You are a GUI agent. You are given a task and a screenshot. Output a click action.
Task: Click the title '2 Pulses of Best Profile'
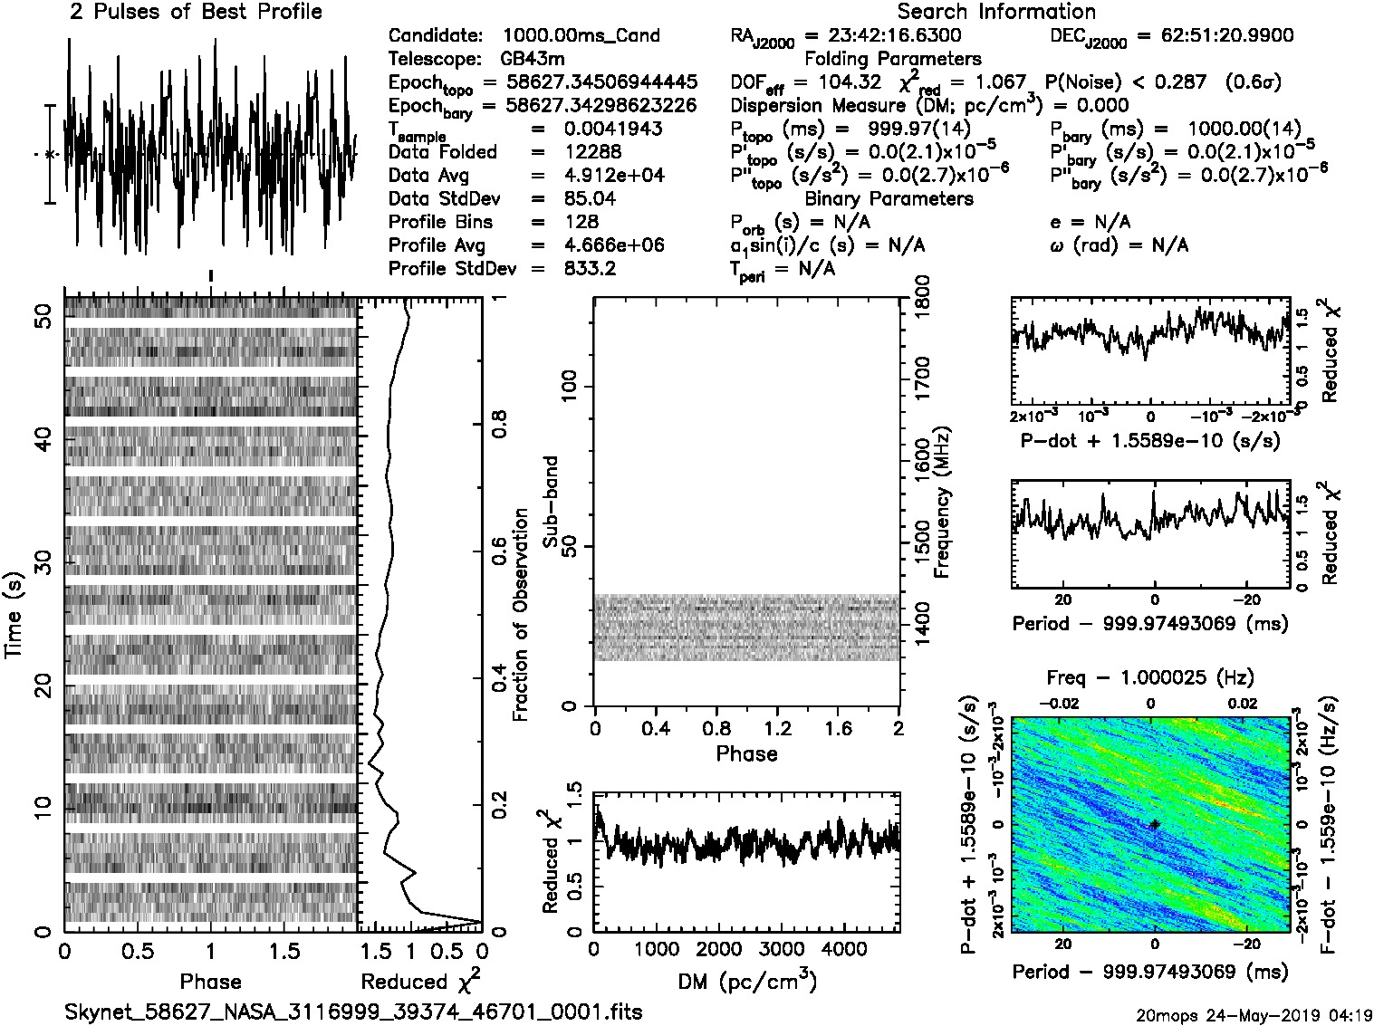(x=196, y=13)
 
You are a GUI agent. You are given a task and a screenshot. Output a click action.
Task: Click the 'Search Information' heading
(x=996, y=13)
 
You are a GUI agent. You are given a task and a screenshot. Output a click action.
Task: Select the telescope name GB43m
(x=535, y=59)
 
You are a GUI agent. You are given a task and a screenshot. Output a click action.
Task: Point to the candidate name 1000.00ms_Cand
(x=581, y=36)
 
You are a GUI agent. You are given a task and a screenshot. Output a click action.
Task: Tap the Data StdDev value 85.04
(x=590, y=198)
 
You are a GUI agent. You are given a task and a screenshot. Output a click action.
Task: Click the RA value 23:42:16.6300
(x=883, y=36)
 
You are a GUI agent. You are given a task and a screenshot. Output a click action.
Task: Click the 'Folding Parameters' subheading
(x=892, y=59)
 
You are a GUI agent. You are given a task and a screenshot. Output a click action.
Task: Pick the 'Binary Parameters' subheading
(x=889, y=198)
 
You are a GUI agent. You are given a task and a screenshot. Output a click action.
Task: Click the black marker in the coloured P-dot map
(x=1155, y=824)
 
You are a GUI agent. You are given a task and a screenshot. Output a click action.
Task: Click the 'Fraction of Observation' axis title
(x=520, y=615)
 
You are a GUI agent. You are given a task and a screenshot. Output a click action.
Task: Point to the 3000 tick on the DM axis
(x=781, y=949)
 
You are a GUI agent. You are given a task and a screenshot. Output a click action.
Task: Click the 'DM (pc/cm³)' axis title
(x=747, y=982)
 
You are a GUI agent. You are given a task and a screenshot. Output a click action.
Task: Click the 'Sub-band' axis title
(x=551, y=501)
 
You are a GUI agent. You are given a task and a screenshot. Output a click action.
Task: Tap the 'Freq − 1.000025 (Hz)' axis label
(x=1150, y=677)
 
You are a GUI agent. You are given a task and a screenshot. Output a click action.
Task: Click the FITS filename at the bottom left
(x=353, y=1012)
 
